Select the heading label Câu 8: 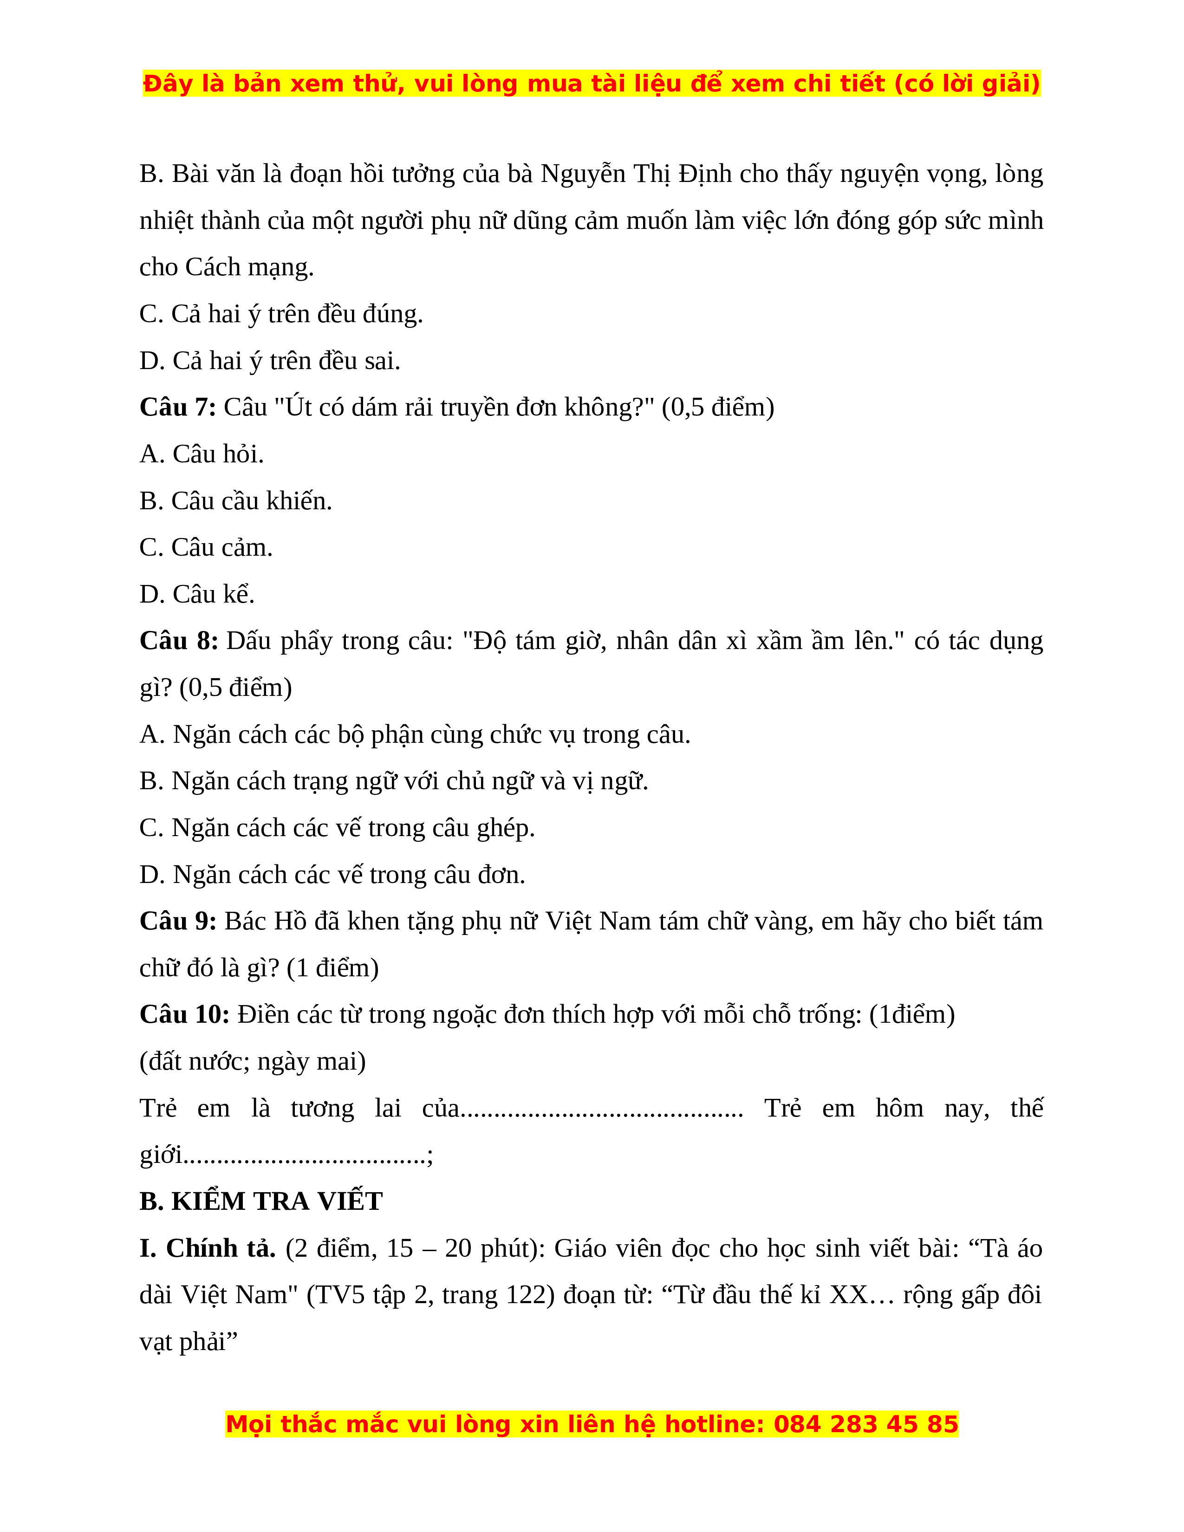[x=179, y=641]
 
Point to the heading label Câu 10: [x=184, y=1014]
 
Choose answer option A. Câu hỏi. [x=202, y=454]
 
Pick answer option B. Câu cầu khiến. [x=236, y=501]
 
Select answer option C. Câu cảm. [x=206, y=548]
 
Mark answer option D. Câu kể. [x=197, y=594]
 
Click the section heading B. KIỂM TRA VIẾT [x=261, y=1201]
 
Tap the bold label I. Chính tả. [x=208, y=1249]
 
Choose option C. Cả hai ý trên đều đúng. [x=281, y=314]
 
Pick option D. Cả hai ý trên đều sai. [x=270, y=361]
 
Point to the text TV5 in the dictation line [x=340, y=1295]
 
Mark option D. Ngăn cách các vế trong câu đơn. [x=332, y=875]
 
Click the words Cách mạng [x=249, y=267]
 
